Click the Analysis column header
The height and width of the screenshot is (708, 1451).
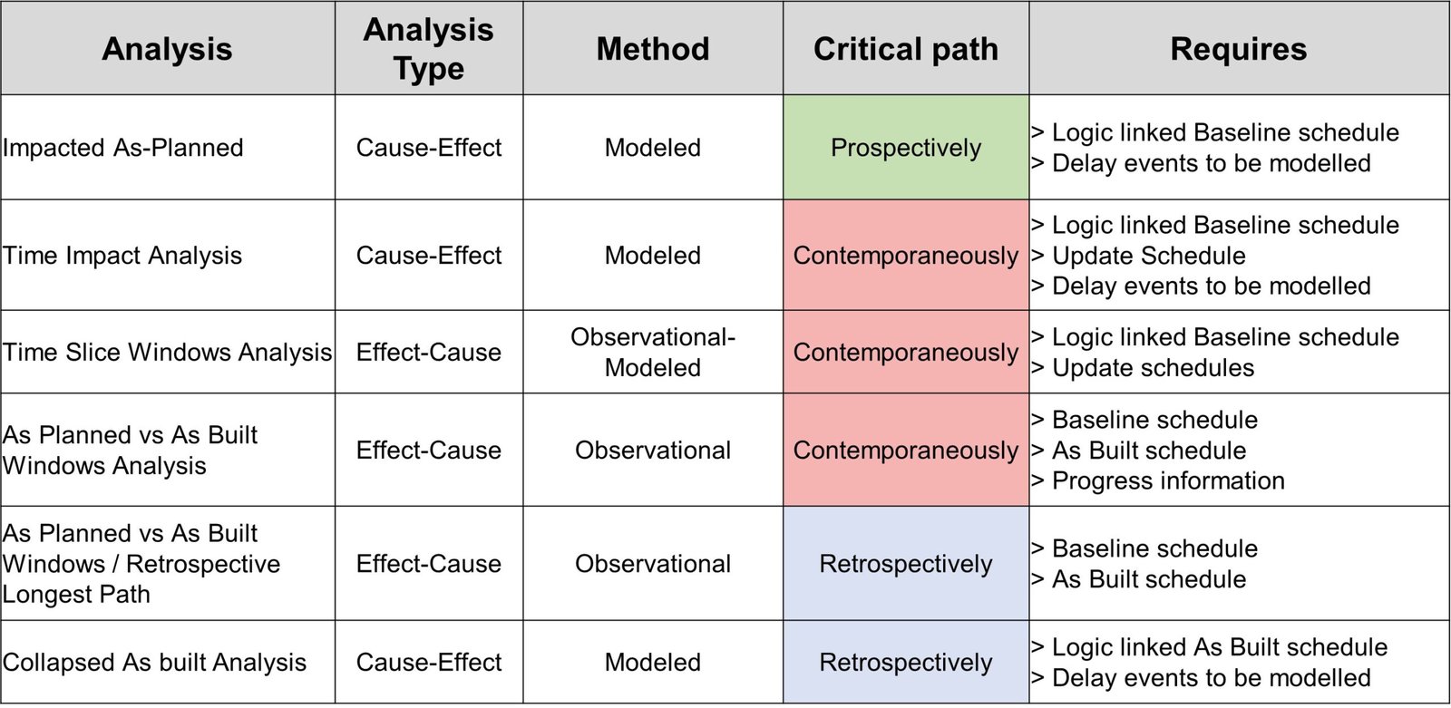pyautogui.click(x=167, y=49)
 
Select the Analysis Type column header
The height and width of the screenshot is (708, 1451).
pyautogui.click(x=428, y=49)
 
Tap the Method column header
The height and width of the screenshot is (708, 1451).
pyautogui.click(x=653, y=49)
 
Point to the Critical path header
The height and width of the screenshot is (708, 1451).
pyautogui.click(x=906, y=49)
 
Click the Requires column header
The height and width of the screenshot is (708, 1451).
pyautogui.click(x=1239, y=49)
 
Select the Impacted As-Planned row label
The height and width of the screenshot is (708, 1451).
pyautogui.click(x=123, y=148)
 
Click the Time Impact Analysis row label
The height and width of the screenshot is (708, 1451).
pyautogui.click(x=122, y=256)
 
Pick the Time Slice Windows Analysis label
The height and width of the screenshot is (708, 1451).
pyautogui.click(x=167, y=353)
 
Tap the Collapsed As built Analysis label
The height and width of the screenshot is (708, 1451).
pyautogui.click(x=154, y=662)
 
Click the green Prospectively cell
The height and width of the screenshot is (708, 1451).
pyautogui.click(x=906, y=148)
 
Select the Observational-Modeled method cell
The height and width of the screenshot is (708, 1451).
pyautogui.click(x=653, y=353)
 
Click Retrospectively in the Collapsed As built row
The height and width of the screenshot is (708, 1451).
pyautogui.click(x=906, y=662)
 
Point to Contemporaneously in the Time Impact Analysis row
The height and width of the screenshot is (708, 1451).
pyautogui.click(x=906, y=256)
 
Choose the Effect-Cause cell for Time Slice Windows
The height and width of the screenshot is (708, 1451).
pyautogui.click(x=428, y=353)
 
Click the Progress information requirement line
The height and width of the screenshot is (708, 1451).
pyautogui.click(x=1157, y=480)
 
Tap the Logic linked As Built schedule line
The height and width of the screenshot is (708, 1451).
pyautogui.click(x=1209, y=647)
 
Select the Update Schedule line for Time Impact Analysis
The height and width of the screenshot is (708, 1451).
pyautogui.click(x=1138, y=256)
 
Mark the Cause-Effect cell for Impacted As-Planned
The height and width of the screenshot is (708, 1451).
pyautogui.click(x=428, y=148)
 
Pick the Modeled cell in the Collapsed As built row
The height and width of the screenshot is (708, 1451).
pyautogui.click(x=653, y=662)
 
